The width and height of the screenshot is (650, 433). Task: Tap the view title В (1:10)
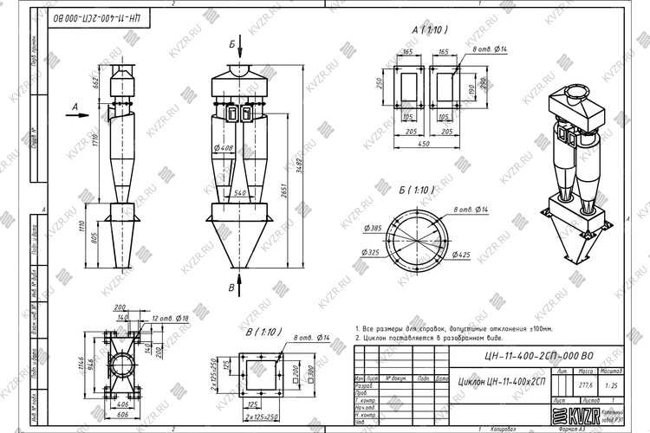coord(264,333)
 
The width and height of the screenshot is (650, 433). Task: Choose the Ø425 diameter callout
coord(461,255)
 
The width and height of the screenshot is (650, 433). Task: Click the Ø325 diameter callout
coord(372,253)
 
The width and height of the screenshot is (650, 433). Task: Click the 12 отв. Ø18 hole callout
coord(171,319)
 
